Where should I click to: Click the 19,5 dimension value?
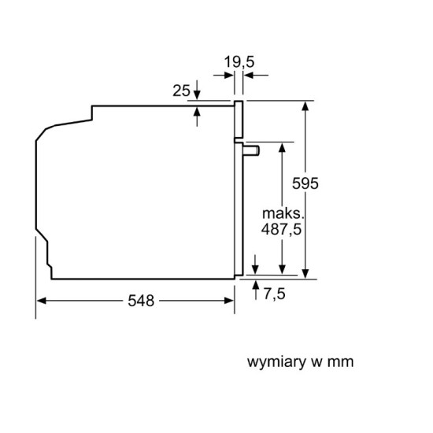pyautogui.click(x=239, y=62)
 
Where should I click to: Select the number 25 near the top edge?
pyautogui.click(x=181, y=91)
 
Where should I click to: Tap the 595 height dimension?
pyautogui.click(x=305, y=183)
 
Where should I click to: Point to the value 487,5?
pyautogui.click(x=281, y=229)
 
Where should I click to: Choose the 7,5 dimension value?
pyautogui.click(x=275, y=294)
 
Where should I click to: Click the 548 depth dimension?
pyautogui.click(x=141, y=301)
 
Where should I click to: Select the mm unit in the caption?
pyautogui.click(x=340, y=363)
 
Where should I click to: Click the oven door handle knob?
pyautogui.click(x=251, y=150)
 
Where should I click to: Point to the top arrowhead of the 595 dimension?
pyautogui.click(x=305, y=105)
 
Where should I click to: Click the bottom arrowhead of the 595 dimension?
pyautogui.click(x=305, y=274)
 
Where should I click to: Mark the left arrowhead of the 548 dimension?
pyautogui.click(x=41, y=301)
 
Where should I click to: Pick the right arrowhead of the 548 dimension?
pyautogui.click(x=229, y=301)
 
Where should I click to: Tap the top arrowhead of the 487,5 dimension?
pyautogui.click(x=282, y=148)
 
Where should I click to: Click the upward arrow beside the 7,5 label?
pyautogui.click(x=256, y=290)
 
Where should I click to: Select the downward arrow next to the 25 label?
pyautogui.click(x=197, y=90)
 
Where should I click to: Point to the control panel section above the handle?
pyautogui.click(x=239, y=120)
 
